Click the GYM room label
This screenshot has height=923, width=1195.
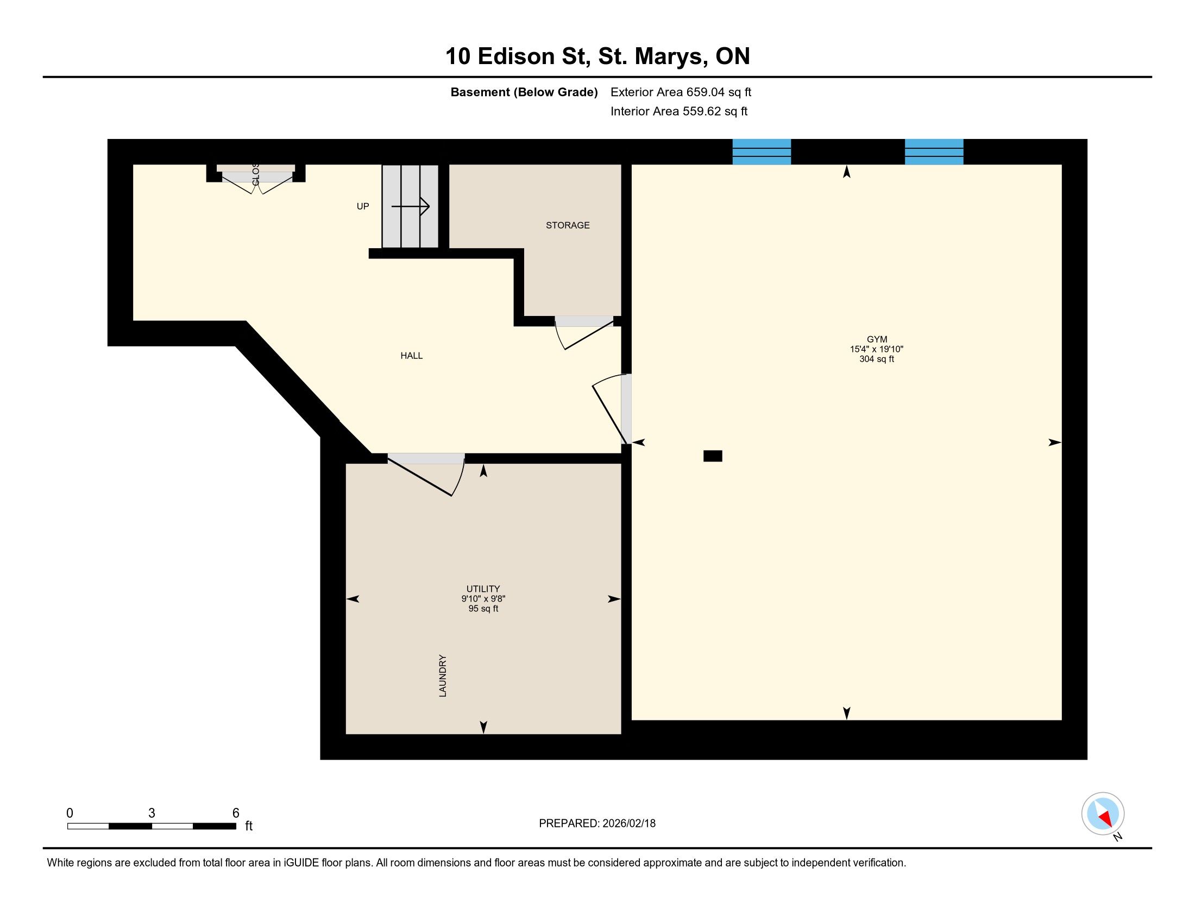point(877,339)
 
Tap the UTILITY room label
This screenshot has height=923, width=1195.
point(482,589)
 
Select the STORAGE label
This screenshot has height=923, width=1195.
point(568,225)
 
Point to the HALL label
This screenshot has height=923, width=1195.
point(412,356)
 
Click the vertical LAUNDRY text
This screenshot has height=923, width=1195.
point(443,676)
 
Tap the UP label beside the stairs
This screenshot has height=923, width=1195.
point(363,206)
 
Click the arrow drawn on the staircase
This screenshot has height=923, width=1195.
point(410,207)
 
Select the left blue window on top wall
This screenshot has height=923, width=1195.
point(762,151)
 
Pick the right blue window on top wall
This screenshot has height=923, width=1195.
point(934,151)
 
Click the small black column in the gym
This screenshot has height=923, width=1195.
point(713,456)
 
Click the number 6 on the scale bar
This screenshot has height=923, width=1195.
point(236,813)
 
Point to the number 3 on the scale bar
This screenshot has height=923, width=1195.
point(152,813)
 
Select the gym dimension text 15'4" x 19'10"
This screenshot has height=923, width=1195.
point(877,349)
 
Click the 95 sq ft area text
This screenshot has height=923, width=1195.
point(483,609)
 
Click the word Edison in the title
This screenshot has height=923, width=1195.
point(516,56)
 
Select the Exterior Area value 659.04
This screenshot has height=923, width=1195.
point(706,92)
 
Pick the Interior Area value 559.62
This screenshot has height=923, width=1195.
point(701,111)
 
